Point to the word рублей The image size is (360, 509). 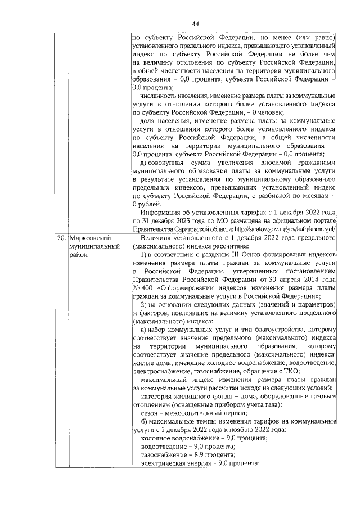[148, 204]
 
